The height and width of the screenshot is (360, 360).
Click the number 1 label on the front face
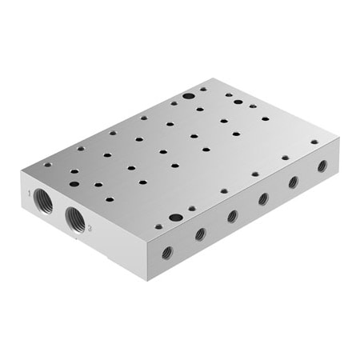30,193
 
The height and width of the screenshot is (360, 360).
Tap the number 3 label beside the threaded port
90,228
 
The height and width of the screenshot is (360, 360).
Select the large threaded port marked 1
43,201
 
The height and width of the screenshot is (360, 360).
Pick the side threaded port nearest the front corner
167,253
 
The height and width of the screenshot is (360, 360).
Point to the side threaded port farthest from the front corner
322,166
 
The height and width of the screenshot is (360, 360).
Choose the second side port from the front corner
200,234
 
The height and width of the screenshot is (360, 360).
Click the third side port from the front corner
233,216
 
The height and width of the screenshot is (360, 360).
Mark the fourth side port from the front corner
263,199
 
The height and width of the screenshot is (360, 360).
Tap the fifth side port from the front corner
294,182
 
